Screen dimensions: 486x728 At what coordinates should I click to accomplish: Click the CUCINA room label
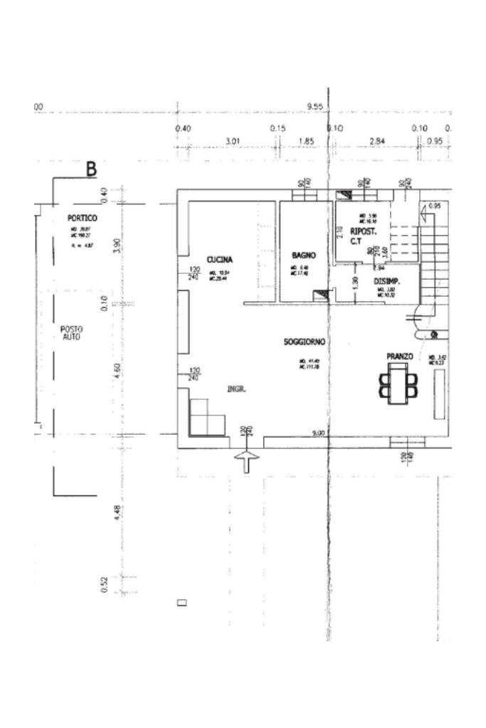(220, 260)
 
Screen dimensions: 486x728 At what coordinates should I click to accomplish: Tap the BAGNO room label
(303, 255)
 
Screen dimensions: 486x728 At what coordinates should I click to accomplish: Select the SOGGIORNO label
(304, 342)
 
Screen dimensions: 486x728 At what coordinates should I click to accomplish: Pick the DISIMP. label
(387, 282)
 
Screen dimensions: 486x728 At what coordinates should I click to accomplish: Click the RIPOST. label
(363, 232)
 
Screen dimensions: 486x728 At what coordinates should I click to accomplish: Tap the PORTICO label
(83, 218)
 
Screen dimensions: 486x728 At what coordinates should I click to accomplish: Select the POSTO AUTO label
(72, 332)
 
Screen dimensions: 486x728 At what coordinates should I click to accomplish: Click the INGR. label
(236, 389)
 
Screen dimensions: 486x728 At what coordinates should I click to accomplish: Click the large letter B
(91, 169)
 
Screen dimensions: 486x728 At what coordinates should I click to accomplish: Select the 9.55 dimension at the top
(316, 107)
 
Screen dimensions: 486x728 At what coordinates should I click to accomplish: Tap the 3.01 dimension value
(232, 141)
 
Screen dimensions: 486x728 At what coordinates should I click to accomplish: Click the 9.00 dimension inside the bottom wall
(318, 433)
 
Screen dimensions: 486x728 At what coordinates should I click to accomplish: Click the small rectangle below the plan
(181, 603)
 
